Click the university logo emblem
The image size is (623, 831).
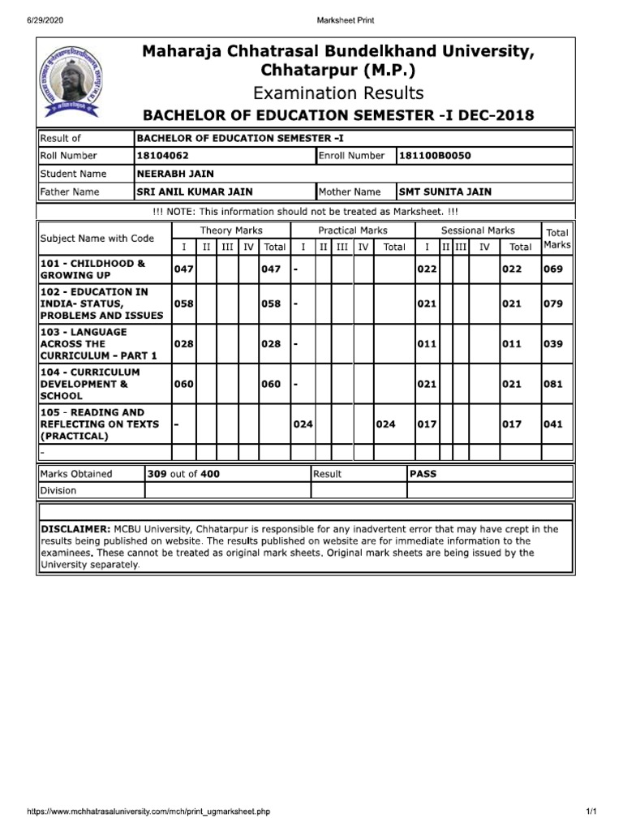[69, 80]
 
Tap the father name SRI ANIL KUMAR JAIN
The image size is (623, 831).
[195, 192]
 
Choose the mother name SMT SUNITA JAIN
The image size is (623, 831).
[445, 192]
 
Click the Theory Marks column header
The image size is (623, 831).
[230, 231]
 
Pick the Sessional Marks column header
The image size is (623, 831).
[478, 231]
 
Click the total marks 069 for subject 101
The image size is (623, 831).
[553, 269]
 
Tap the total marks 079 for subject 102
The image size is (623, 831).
[553, 304]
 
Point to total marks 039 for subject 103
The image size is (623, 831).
[553, 344]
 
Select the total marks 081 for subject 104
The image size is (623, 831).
[553, 385]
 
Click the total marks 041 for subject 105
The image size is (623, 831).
[553, 424]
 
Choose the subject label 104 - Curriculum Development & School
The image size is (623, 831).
[89, 385]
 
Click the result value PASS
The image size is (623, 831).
[423, 474]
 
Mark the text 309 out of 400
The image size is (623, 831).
[183, 474]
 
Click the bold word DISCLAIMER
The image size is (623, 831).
[75, 529]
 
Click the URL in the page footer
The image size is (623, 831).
[148, 812]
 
